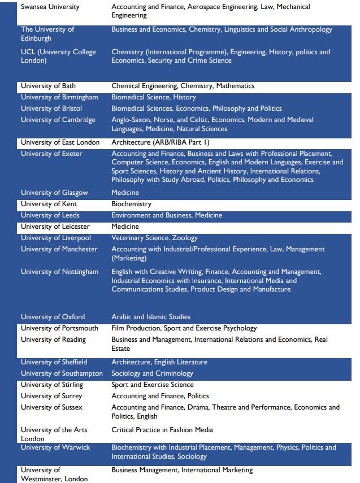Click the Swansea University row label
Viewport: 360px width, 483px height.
tap(50, 7)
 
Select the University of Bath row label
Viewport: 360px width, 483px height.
tap(48, 86)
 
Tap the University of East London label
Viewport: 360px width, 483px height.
tap(60, 142)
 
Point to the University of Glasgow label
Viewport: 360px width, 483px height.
tap(54, 193)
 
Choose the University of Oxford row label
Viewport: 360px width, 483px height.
tap(53, 317)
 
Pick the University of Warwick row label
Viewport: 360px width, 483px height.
tap(55, 447)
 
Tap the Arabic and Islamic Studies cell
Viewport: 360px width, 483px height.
tap(151, 317)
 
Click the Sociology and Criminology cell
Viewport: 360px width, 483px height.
tap(152, 373)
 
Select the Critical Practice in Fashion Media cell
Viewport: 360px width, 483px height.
tap(162, 430)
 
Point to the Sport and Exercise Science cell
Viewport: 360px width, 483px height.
tap(152, 385)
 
